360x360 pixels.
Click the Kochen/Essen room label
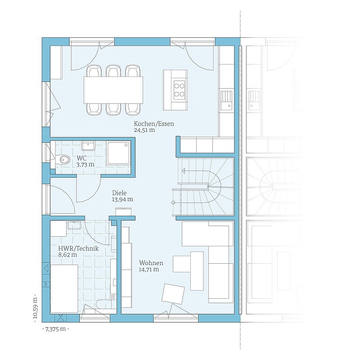(x=154, y=124)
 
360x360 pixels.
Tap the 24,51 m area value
(x=144, y=130)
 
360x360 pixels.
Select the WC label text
(x=81, y=158)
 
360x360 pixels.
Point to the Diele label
(x=119, y=193)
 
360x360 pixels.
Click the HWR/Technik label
(x=78, y=248)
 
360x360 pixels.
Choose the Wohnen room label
(x=151, y=263)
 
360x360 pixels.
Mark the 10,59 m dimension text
(x=35, y=308)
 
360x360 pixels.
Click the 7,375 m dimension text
(x=56, y=329)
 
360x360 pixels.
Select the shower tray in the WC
(x=118, y=153)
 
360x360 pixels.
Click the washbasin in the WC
(x=88, y=145)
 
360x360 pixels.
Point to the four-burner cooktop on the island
(x=179, y=90)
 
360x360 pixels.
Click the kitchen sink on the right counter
(x=227, y=100)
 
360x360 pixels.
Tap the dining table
(x=113, y=90)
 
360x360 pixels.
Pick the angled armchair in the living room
(x=173, y=294)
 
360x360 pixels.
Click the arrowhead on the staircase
(x=184, y=171)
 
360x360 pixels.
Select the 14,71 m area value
(x=149, y=269)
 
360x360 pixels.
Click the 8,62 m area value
(x=67, y=255)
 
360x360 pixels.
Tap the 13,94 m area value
(x=122, y=199)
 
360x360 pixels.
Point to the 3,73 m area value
(x=85, y=165)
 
